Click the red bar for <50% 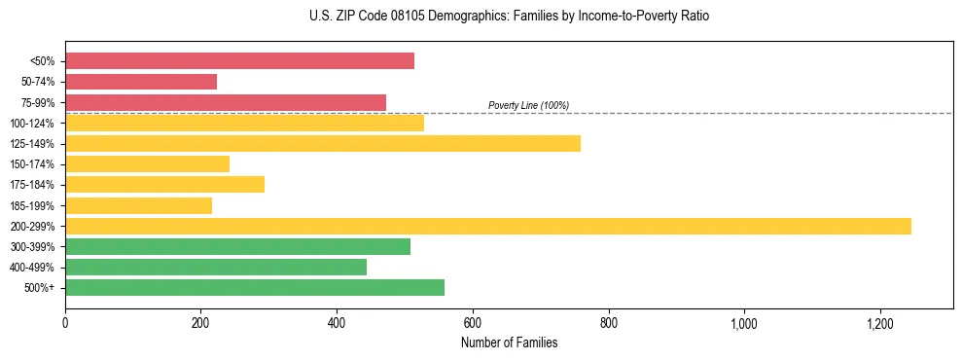pos(239,61)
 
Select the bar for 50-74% pos(141,82)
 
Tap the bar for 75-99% pos(226,102)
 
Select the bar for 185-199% pos(138,205)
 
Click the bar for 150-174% pos(147,163)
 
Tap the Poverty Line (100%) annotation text pos(528,105)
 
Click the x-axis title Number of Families pos(509,342)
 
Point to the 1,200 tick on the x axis pos(879,321)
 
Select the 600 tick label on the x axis pos(473,321)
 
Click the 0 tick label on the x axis pos(65,321)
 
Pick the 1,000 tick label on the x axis pos(743,321)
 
